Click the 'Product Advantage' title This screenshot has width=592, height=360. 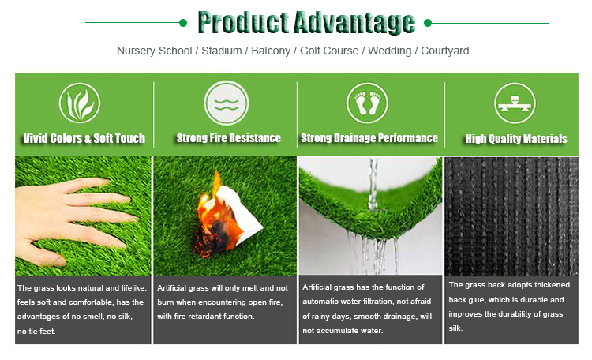coord(306,23)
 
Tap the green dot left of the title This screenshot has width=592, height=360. coord(183,23)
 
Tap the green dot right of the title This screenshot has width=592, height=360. coord(429,23)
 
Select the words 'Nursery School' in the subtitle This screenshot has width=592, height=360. coord(154,51)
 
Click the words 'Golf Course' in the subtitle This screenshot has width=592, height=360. coord(330,51)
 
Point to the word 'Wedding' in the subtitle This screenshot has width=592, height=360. coord(390,51)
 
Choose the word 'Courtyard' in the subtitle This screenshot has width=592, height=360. coord(445,51)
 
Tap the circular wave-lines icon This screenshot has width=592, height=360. coord(226,103)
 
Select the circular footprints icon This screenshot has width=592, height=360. coord(368,103)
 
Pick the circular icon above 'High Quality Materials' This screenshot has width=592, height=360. coord(515,103)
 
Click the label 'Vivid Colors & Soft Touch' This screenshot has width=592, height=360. coord(84,138)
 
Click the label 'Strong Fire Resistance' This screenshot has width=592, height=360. coord(229,138)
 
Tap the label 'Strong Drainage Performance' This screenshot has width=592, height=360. coord(369,138)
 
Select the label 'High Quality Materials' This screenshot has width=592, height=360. coord(516,139)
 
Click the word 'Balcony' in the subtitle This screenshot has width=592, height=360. coord(271,51)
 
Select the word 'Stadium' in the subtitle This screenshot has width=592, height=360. coord(221,51)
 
